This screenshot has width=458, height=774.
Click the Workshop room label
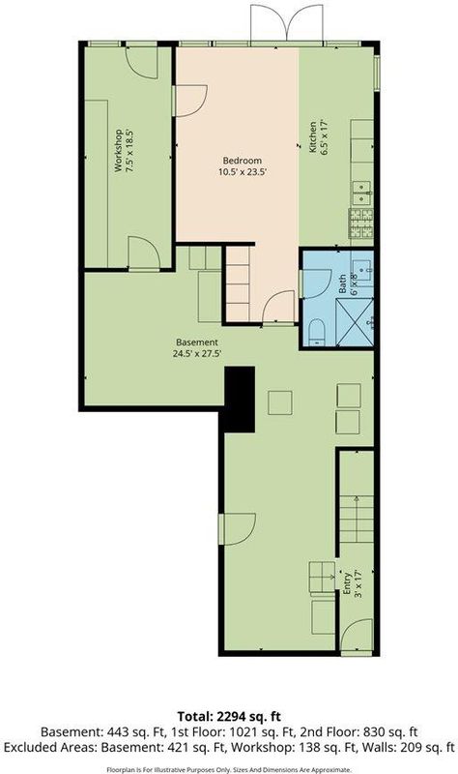(x=118, y=151)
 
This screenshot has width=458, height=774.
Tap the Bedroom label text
(x=243, y=161)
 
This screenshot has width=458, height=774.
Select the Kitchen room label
(x=313, y=136)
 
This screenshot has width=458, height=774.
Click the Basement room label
(x=197, y=342)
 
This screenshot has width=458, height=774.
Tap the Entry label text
(x=347, y=583)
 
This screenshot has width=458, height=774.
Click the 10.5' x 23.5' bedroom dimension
(x=243, y=172)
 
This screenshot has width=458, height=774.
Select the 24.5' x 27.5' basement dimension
(x=197, y=353)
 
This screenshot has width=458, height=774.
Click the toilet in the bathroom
(x=316, y=332)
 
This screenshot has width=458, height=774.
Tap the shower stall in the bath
(x=355, y=322)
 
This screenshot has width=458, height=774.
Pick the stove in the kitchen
(x=360, y=223)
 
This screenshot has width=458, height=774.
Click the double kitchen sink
(x=361, y=193)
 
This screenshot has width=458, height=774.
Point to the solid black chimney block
(x=240, y=399)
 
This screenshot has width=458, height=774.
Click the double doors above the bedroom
(x=286, y=23)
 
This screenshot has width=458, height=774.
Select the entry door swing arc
(x=357, y=636)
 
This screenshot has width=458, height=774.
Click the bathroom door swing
(x=315, y=283)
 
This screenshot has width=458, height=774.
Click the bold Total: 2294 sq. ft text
(x=229, y=716)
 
